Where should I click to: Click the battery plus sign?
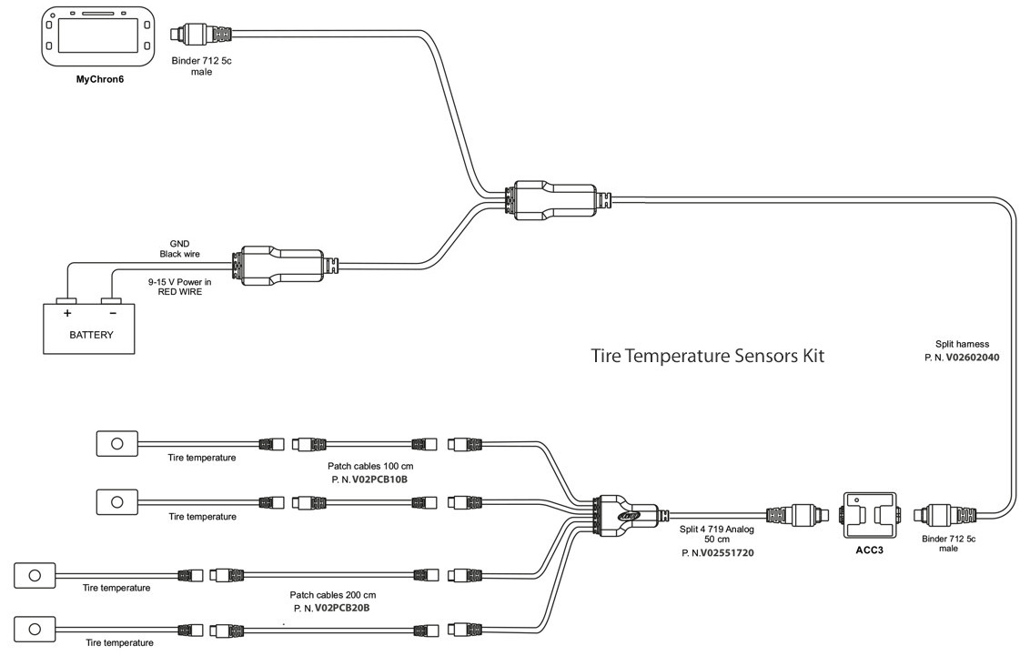click(66, 311)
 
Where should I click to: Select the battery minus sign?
click(112, 311)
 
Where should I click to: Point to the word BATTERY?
click(91, 335)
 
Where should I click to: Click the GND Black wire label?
click(179, 248)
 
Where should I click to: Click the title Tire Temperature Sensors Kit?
click(707, 355)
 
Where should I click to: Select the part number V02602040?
click(972, 358)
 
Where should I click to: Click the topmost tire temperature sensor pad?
click(116, 443)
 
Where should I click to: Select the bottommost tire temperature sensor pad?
click(35, 628)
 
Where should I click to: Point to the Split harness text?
click(962, 345)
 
